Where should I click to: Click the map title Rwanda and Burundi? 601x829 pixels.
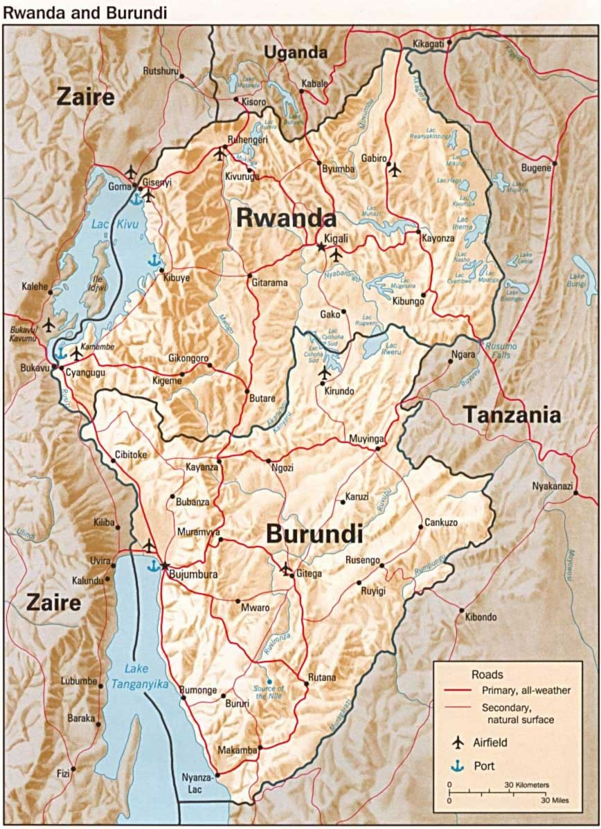click(x=84, y=12)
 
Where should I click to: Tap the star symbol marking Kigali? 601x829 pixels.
click(x=321, y=246)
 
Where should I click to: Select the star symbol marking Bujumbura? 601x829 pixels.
click(x=165, y=565)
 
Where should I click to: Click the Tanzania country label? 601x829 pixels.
click(x=511, y=414)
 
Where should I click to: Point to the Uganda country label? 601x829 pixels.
click(x=295, y=53)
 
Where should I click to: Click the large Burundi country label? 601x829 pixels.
click(x=314, y=534)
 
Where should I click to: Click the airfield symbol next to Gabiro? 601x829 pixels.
click(x=395, y=168)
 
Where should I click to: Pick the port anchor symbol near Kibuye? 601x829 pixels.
click(x=154, y=260)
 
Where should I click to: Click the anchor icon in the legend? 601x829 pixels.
click(x=457, y=765)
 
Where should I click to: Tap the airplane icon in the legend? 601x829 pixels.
click(x=457, y=743)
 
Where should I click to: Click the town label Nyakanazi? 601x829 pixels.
click(x=551, y=486)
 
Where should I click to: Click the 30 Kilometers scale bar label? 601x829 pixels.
click(x=527, y=785)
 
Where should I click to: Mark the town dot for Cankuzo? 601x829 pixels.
click(x=420, y=527)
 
